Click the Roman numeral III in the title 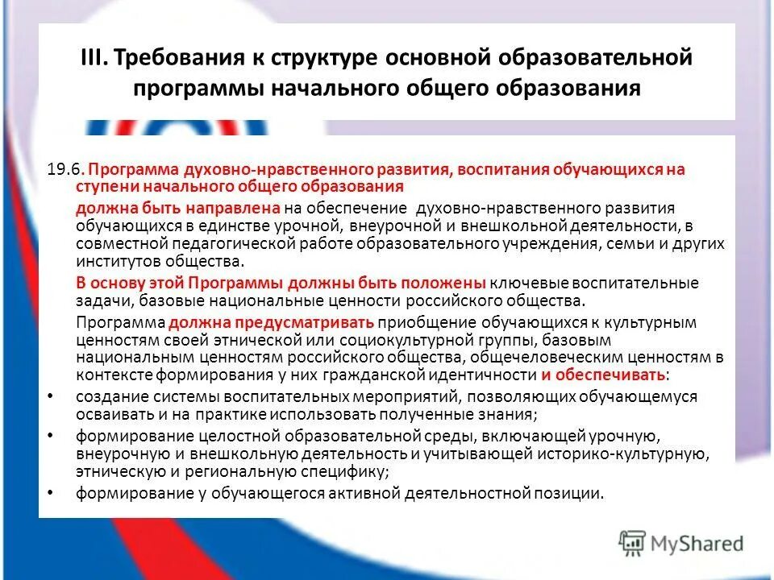tap(94, 59)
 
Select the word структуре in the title tap(319, 59)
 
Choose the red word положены tap(447, 284)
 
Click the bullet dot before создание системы tap(50, 396)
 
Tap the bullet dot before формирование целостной tap(50, 436)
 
